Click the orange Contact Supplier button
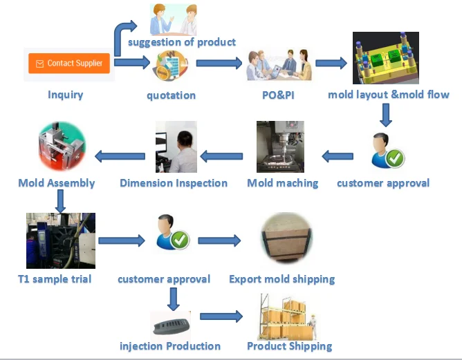(69, 63)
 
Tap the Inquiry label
(66, 95)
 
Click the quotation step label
(171, 95)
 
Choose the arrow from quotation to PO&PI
(219, 63)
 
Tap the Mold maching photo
(280, 147)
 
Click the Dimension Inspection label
(174, 183)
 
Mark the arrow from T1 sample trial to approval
(121, 240)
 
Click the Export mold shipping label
(281, 279)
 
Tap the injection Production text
(170, 346)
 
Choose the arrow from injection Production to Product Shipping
(221, 316)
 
